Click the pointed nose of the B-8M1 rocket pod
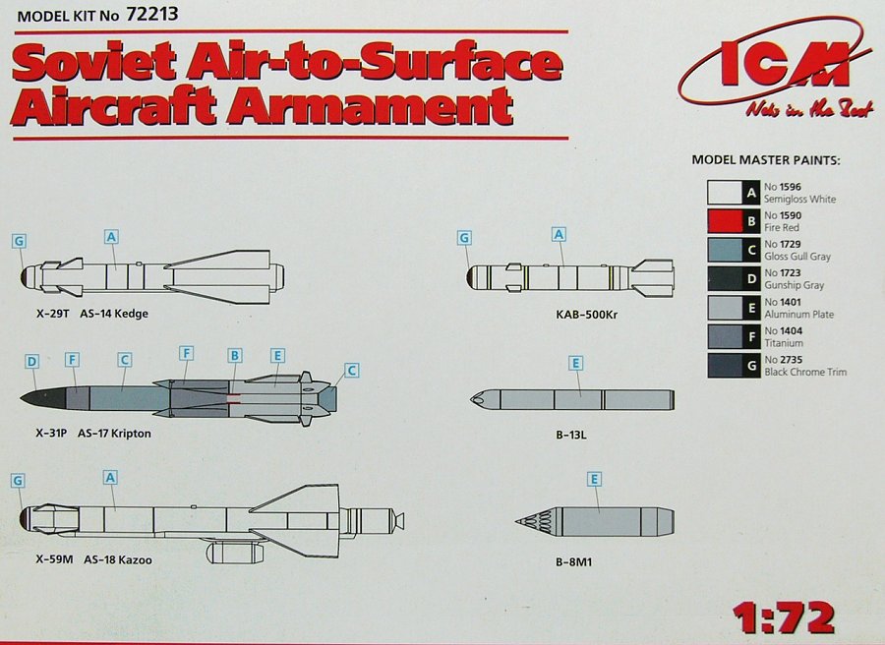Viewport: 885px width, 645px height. (x=522, y=521)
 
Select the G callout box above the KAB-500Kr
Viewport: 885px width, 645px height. (x=464, y=237)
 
